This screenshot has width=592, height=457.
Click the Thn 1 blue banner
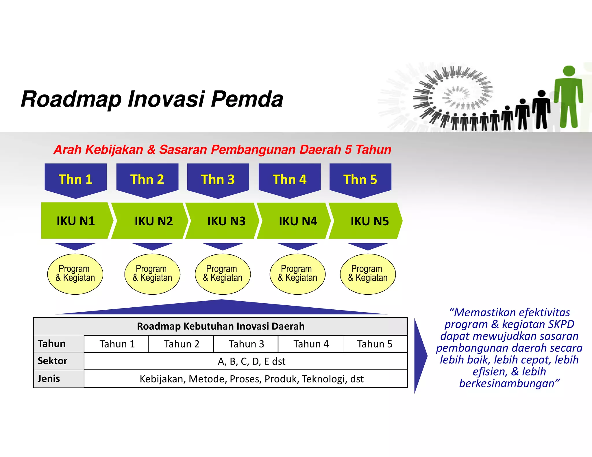(x=75, y=179)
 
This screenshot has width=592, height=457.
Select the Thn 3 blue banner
(x=218, y=179)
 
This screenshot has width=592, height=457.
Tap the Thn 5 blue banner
(x=360, y=179)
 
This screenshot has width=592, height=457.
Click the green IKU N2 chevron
(x=150, y=221)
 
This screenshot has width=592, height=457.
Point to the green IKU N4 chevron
(x=295, y=221)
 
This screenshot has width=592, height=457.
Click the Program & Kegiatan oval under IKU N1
(x=75, y=274)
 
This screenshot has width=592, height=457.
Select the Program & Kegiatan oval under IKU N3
(x=223, y=274)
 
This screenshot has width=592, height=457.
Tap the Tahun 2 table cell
(x=181, y=344)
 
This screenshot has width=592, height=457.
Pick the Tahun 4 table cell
(x=311, y=344)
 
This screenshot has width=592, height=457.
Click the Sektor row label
(x=53, y=361)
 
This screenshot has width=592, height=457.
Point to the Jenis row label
(x=49, y=378)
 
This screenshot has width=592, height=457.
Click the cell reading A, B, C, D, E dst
(x=251, y=361)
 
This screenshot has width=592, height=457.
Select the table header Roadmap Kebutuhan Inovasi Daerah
(x=221, y=326)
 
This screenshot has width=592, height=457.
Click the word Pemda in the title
(x=247, y=99)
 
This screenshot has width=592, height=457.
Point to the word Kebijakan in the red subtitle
(x=114, y=150)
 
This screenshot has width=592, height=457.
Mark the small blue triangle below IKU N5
(x=368, y=246)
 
